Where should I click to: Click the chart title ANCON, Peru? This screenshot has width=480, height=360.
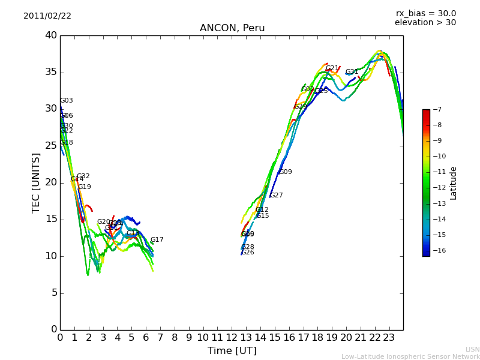click(232, 28)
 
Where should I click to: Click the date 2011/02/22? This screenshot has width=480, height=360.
click(47, 16)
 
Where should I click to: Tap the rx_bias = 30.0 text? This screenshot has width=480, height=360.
click(425, 14)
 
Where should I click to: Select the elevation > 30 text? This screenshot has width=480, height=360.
click(425, 23)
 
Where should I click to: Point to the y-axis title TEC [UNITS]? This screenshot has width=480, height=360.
click(37, 183)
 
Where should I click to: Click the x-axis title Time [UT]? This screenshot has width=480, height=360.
click(232, 351)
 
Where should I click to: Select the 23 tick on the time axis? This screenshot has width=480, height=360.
click(389, 338)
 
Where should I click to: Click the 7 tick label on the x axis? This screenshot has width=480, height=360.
click(160, 338)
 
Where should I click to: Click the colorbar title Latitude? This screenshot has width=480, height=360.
click(454, 183)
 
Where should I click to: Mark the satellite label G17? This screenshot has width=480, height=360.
click(157, 240)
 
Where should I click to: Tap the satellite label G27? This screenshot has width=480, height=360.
click(276, 196)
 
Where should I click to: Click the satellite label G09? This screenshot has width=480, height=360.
click(285, 172)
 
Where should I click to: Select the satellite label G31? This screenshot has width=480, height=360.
click(352, 72)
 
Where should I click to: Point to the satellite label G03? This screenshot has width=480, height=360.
click(66, 101)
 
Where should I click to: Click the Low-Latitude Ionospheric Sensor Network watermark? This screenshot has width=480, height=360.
click(410, 357)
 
